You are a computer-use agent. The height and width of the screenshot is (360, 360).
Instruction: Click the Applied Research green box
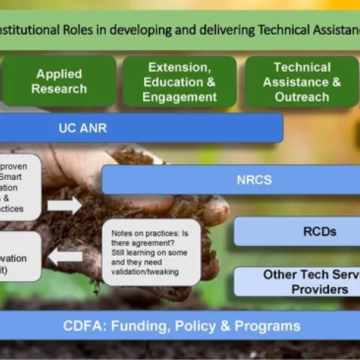pyautogui.click(x=61, y=82)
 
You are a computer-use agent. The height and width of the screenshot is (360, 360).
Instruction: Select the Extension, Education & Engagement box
pyautogui.click(x=179, y=82)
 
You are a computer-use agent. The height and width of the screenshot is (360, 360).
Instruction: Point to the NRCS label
pyautogui.click(x=253, y=180)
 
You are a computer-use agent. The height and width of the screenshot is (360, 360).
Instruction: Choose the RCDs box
pyautogui.click(x=298, y=232)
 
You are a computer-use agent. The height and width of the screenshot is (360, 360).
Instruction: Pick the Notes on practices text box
pyautogui.click(x=151, y=252)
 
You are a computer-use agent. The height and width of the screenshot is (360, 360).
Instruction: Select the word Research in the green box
pyautogui.click(x=61, y=89)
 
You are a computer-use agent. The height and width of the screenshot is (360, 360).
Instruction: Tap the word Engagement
pyautogui.click(x=179, y=97)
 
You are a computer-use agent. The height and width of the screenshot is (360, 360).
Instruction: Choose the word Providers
pyautogui.click(x=319, y=289)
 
